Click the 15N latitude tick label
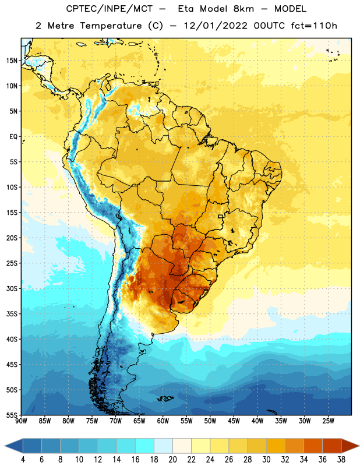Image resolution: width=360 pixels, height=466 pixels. click(12, 61)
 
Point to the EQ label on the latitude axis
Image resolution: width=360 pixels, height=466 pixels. click(13, 137)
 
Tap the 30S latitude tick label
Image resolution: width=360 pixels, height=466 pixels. click(12, 288)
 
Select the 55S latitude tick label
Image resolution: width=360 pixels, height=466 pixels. click(12, 415)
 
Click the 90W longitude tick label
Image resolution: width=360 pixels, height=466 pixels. click(22, 421)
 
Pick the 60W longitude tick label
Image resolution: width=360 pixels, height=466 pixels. click(163, 421)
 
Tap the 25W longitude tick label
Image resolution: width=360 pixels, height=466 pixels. click(328, 421)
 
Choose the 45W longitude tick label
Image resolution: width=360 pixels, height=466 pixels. click(234, 421)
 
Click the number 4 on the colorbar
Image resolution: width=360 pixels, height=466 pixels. click(23, 460)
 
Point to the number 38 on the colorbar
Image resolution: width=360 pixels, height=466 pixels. click(341, 460)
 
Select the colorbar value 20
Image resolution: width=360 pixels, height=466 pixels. click(172, 460)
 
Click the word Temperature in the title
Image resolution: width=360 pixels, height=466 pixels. click(111, 26)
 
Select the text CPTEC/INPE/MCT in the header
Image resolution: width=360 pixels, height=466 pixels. click(110, 9)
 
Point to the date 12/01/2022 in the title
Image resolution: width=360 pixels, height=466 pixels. click(216, 26)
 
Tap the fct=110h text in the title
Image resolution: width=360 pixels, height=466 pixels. click(314, 26)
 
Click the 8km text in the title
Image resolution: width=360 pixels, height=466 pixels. click(243, 9)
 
